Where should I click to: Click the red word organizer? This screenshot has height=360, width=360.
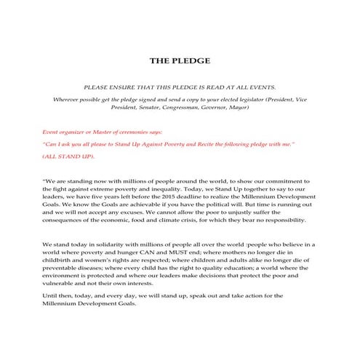pyautogui.click(x=76, y=134)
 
